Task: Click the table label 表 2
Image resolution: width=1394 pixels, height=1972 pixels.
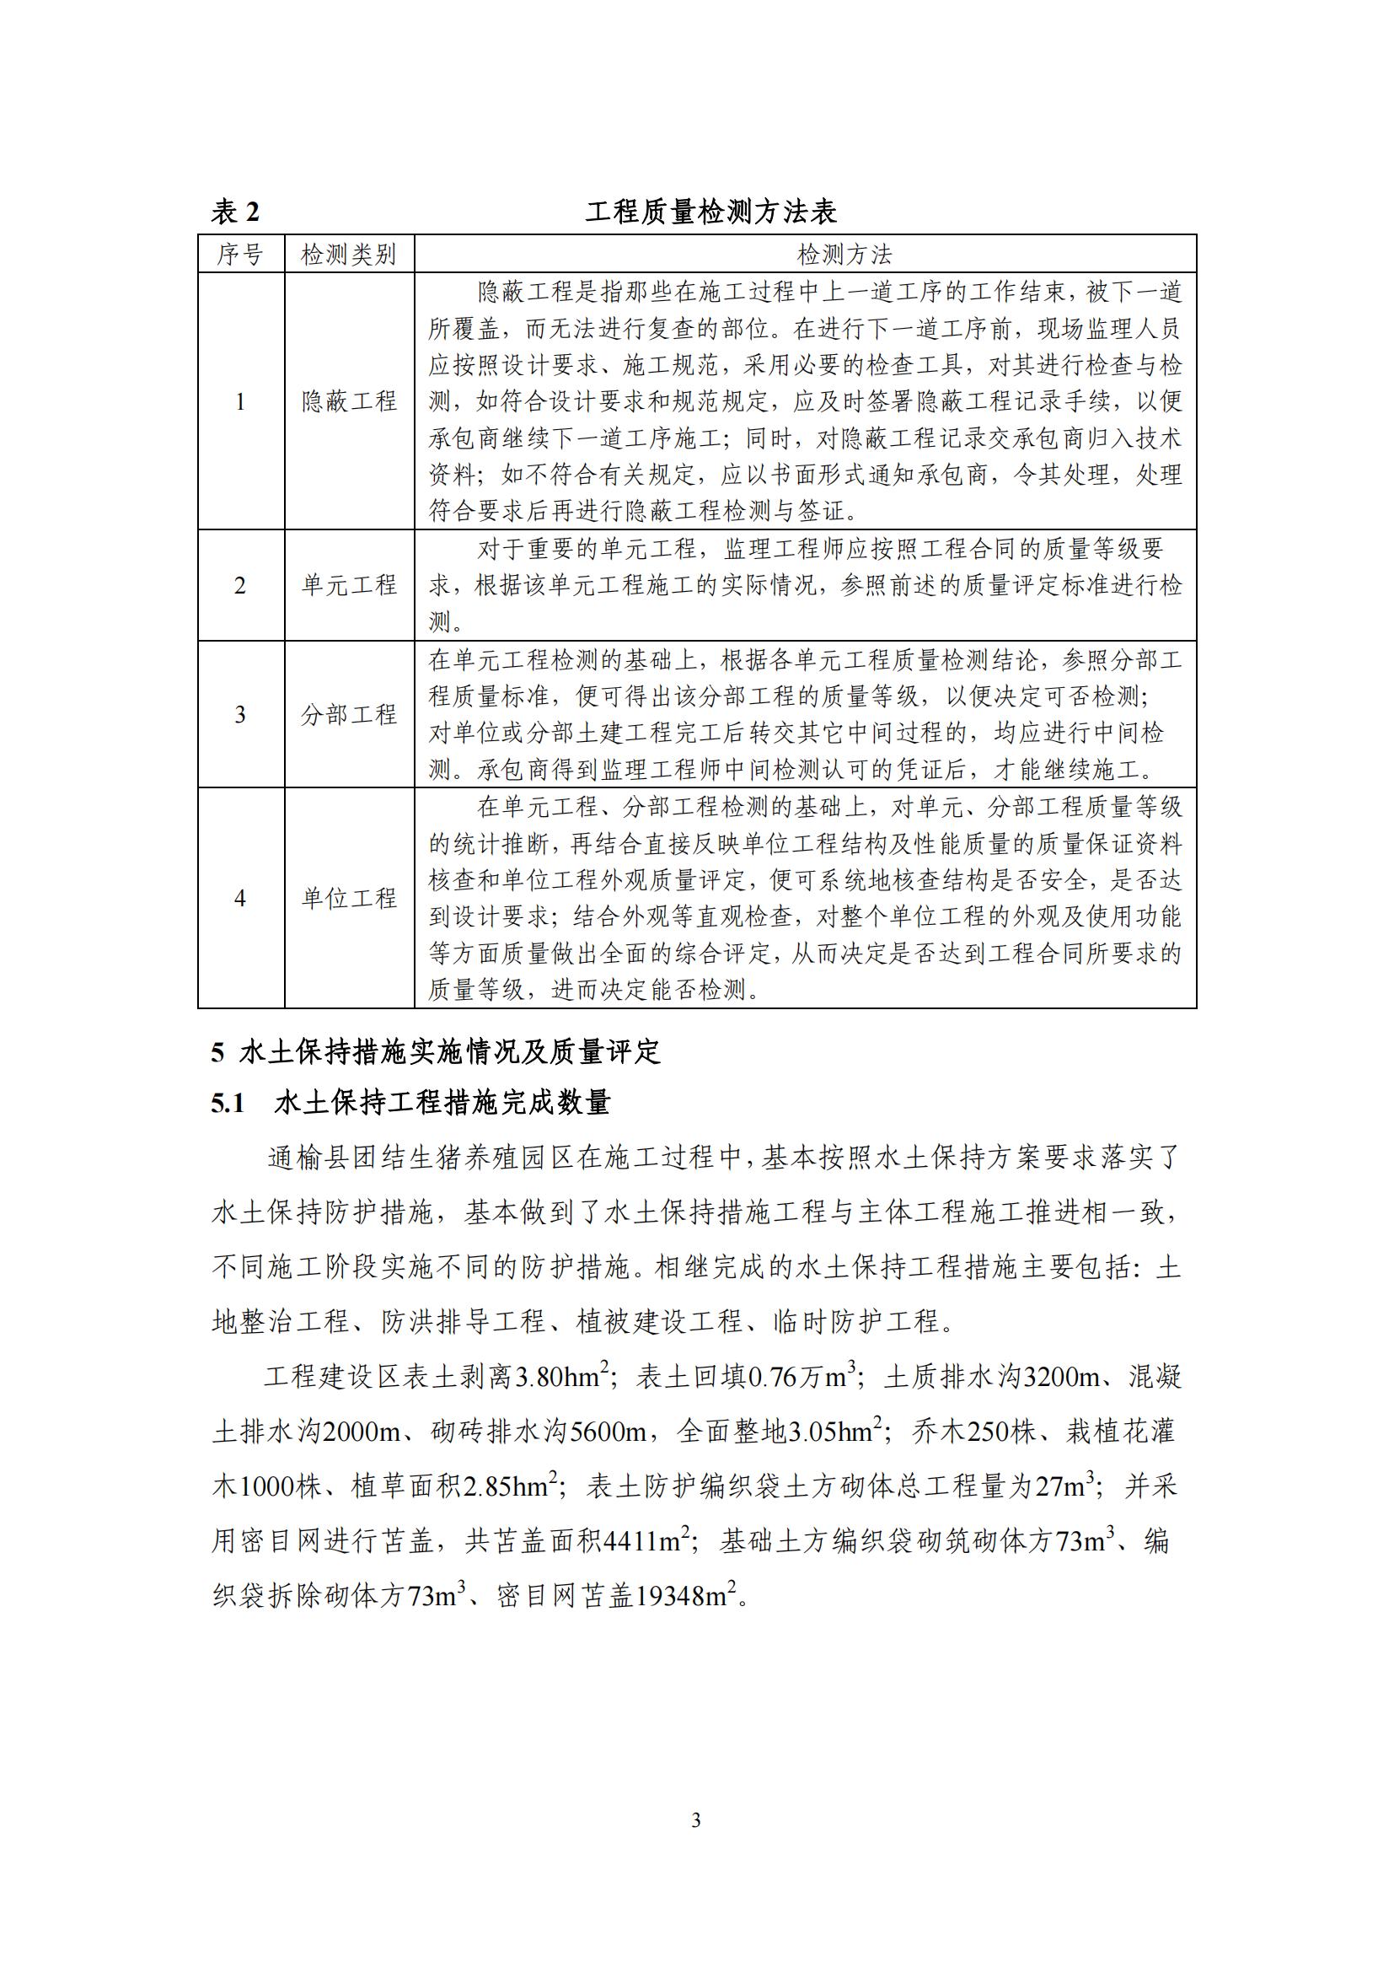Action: click(x=235, y=212)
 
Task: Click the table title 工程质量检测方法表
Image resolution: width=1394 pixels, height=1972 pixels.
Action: click(x=710, y=212)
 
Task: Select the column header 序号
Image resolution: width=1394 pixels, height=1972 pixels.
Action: click(x=240, y=255)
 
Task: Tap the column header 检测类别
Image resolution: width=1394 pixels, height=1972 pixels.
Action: click(x=349, y=255)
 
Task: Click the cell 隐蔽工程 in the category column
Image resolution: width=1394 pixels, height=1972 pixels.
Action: click(x=349, y=401)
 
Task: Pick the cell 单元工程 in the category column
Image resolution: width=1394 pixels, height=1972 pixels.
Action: click(x=349, y=585)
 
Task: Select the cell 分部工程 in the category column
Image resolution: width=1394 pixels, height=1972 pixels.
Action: click(x=349, y=714)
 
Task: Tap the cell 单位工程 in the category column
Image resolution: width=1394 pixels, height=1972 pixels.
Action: click(x=349, y=899)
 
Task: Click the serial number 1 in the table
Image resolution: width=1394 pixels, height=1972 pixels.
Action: click(x=240, y=401)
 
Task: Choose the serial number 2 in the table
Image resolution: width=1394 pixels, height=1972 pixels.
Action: click(x=240, y=585)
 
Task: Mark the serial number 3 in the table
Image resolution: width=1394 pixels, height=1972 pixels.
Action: click(x=240, y=714)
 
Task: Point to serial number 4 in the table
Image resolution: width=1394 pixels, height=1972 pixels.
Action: click(x=240, y=899)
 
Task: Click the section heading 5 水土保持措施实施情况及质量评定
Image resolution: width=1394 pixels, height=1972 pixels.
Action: click(x=436, y=1052)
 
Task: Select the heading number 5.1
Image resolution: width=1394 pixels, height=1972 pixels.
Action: click(x=228, y=1103)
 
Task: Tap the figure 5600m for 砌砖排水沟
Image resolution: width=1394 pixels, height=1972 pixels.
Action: click(x=609, y=1432)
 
